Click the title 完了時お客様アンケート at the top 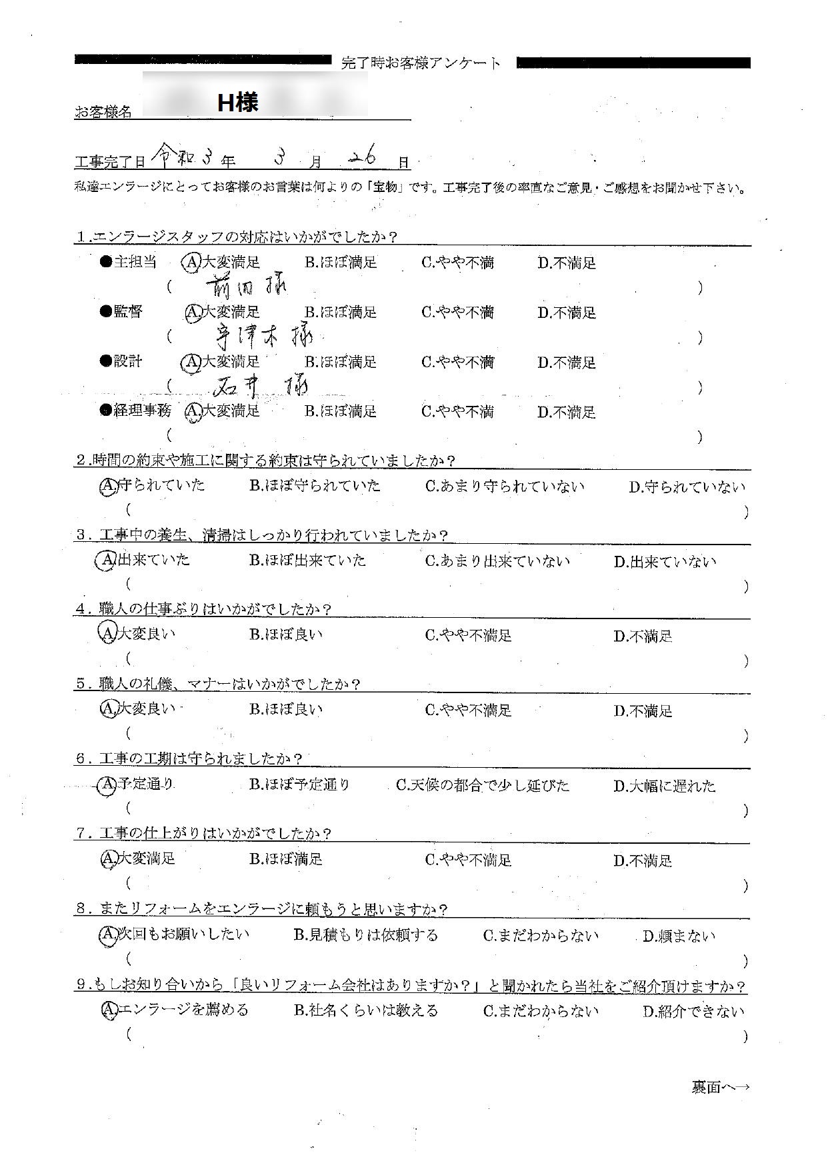[x=420, y=63]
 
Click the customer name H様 [x=237, y=102]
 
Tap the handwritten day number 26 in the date [x=363, y=157]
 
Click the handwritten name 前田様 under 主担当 [x=245, y=287]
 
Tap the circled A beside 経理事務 [x=193, y=412]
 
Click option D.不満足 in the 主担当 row [x=567, y=263]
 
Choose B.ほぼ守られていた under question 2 [x=315, y=486]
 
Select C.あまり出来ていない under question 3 [x=497, y=561]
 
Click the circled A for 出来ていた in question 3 [x=107, y=561]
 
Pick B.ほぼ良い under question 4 [x=286, y=635]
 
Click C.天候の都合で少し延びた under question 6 [x=483, y=786]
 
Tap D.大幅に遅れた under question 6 [x=664, y=786]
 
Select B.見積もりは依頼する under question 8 [x=365, y=936]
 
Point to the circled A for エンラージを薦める [x=108, y=1010]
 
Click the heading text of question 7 [x=205, y=834]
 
